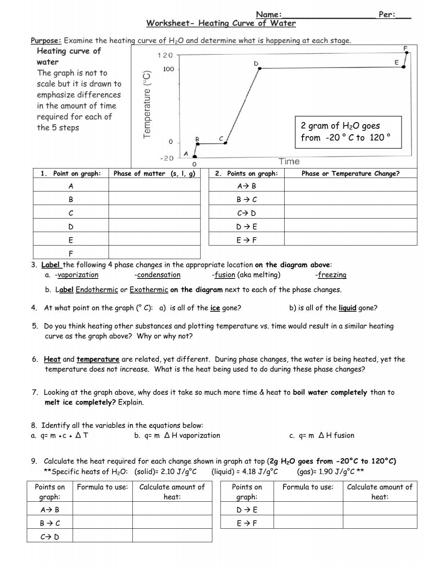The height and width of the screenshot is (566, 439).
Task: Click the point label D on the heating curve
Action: (x=256, y=64)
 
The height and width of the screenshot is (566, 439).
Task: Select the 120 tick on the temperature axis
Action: (x=165, y=55)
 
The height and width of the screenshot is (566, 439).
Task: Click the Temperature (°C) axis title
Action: (x=147, y=105)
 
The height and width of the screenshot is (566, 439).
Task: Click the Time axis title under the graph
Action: (x=289, y=162)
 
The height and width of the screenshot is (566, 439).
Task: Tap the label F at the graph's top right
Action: (x=405, y=48)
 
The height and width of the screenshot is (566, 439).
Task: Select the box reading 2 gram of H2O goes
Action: (x=348, y=132)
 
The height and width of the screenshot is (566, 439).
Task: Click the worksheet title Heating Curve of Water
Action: (x=221, y=23)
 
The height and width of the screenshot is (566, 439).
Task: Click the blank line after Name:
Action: (x=329, y=15)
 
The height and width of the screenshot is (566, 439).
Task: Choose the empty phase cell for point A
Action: (x=154, y=186)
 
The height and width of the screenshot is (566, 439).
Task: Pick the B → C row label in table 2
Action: (x=247, y=200)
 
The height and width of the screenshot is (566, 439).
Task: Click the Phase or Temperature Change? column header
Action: (x=350, y=174)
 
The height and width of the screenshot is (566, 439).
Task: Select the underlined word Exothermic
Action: (x=149, y=290)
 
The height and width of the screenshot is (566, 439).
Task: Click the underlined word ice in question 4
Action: (x=215, y=308)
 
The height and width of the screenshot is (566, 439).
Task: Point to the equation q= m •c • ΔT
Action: (x=59, y=435)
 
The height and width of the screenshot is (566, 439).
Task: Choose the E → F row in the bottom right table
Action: (x=247, y=523)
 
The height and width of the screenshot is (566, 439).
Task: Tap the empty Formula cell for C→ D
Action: (x=102, y=536)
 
